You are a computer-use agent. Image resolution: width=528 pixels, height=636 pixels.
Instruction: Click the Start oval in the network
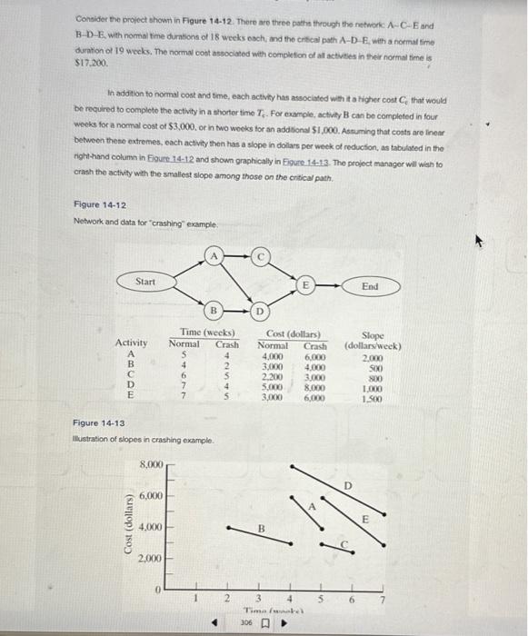click(x=146, y=283)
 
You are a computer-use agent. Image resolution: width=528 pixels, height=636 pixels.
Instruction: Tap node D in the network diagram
click(x=259, y=313)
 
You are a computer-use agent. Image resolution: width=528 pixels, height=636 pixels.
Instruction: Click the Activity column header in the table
click(x=132, y=343)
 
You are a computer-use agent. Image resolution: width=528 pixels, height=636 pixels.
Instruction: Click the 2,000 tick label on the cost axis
click(x=151, y=559)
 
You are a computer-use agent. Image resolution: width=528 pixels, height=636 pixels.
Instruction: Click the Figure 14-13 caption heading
click(x=99, y=423)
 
